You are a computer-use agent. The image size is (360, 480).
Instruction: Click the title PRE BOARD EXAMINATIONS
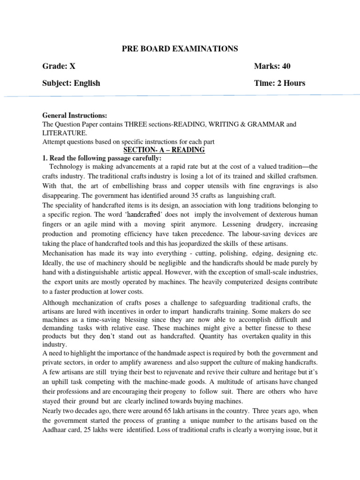pyautogui.click(x=180, y=49)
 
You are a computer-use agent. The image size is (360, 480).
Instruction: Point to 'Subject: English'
pyautogui.click(x=71, y=83)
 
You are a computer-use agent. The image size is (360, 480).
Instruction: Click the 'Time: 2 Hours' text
pyautogui.click(x=279, y=83)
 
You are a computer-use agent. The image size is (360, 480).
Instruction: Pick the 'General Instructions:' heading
pyautogui.click(x=75, y=115)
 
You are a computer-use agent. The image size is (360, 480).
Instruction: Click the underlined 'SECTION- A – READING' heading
pyautogui.click(x=164, y=150)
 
